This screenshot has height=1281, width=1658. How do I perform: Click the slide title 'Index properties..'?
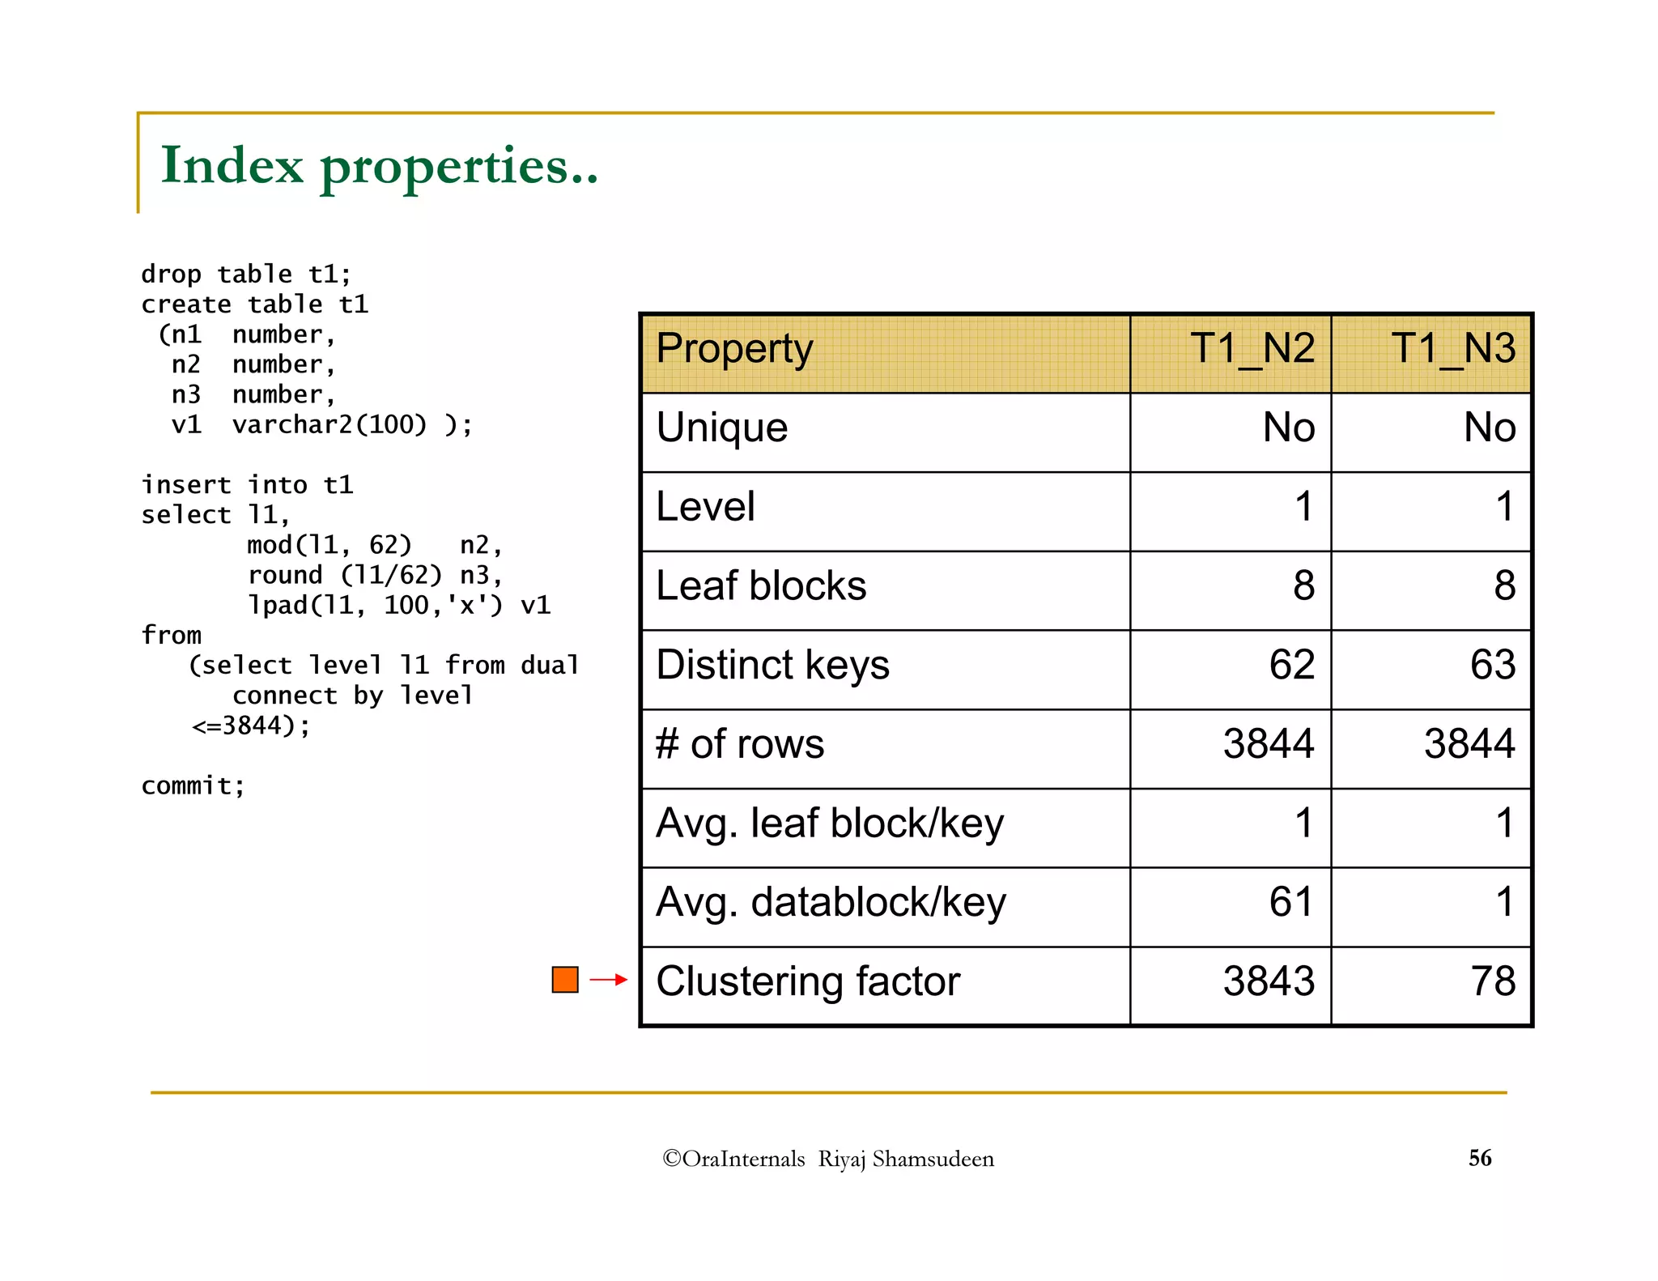click(x=379, y=166)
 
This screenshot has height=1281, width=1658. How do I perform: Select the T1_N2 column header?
click(x=1252, y=349)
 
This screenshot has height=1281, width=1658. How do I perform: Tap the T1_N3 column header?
click(x=1452, y=349)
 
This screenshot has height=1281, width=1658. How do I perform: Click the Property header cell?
click(x=734, y=349)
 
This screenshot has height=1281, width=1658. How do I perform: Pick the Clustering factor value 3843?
click(x=1268, y=981)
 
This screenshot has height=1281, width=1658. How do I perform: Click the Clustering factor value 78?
click(x=1493, y=981)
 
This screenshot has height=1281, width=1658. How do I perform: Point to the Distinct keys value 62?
click(x=1291, y=665)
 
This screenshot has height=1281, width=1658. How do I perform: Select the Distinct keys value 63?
click(x=1492, y=665)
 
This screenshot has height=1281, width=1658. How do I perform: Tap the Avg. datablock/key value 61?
click(x=1291, y=902)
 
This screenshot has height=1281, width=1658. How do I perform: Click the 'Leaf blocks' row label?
click(x=761, y=585)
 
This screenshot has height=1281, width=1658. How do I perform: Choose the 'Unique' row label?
click(x=721, y=428)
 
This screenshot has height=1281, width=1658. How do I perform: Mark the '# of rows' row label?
click(x=740, y=744)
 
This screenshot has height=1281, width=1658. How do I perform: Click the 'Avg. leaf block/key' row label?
click(x=830, y=823)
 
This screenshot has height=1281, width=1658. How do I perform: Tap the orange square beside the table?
click(x=565, y=980)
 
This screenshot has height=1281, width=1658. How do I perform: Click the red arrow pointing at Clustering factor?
click(x=609, y=980)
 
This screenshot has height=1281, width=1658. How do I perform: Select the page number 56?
click(x=1480, y=1158)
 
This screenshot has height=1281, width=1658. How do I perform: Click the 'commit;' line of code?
click(x=193, y=785)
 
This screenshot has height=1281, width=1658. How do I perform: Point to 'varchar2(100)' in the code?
click(x=329, y=424)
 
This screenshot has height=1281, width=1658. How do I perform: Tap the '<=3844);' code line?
click(x=251, y=726)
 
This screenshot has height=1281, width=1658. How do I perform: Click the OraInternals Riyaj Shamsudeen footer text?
click(x=828, y=1159)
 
